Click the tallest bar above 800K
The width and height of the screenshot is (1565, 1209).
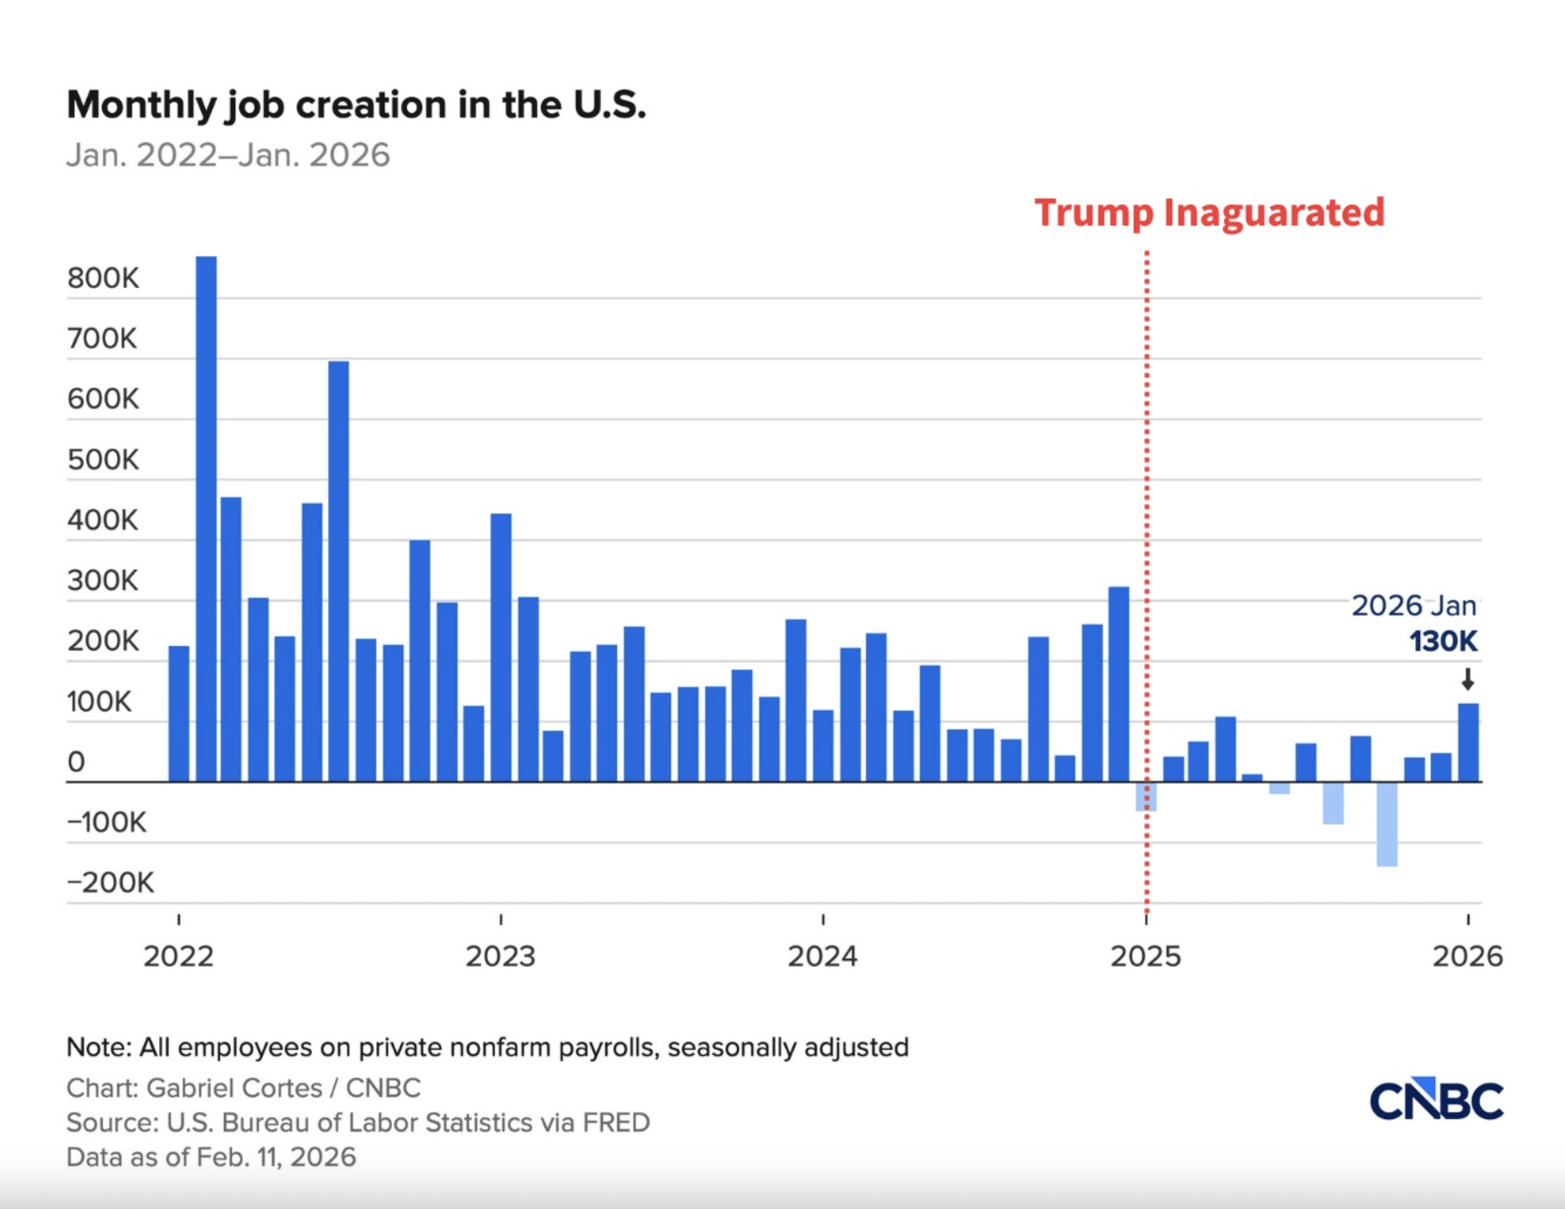[x=206, y=516]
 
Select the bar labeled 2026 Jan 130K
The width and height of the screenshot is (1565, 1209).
[x=1468, y=743]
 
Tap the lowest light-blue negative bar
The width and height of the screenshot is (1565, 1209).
[x=1387, y=824]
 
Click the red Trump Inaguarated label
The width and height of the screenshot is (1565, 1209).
[x=1209, y=213]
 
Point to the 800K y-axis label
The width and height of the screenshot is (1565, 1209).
[x=103, y=278]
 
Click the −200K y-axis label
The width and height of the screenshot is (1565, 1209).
[x=110, y=883]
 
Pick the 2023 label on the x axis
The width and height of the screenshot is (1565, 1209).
[x=500, y=957]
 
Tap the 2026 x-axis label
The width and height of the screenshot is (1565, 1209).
[x=1467, y=957]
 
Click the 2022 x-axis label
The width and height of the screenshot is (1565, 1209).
[x=178, y=957]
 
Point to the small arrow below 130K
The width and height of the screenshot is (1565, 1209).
[x=1467, y=679]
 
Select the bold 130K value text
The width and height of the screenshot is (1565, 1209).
[x=1443, y=642]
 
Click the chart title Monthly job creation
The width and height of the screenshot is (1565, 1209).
[x=356, y=105]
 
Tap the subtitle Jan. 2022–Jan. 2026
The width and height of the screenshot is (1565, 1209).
[x=228, y=155]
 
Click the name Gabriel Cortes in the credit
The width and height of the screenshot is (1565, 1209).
[x=234, y=1088]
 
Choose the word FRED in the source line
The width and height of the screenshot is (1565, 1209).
[x=616, y=1122]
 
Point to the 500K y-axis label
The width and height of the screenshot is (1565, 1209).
[x=103, y=459]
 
